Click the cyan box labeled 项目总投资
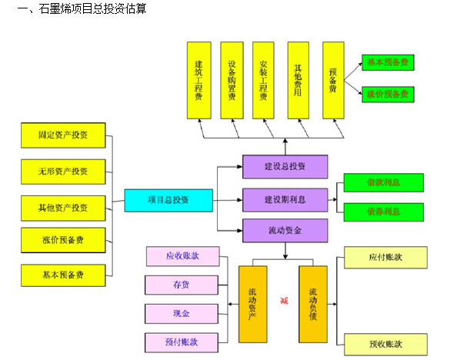click(x=168, y=200)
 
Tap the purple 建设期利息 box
click(x=285, y=199)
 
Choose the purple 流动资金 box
click(x=285, y=231)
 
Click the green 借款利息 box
click(x=383, y=182)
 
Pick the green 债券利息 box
click(x=383, y=212)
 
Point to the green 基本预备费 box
click(x=388, y=62)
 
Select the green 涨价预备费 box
click(x=388, y=94)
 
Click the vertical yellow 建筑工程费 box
click(x=198, y=81)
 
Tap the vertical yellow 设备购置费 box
click(x=232, y=81)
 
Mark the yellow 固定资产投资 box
click(x=63, y=135)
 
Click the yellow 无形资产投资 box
click(x=63, y=171)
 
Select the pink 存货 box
click(x=182, y=285)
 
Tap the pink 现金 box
click(x=182, y=314)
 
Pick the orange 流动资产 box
click(x=253, y=304)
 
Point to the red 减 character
click(x=283, y=300)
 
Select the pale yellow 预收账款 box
click(x=386, y=343)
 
